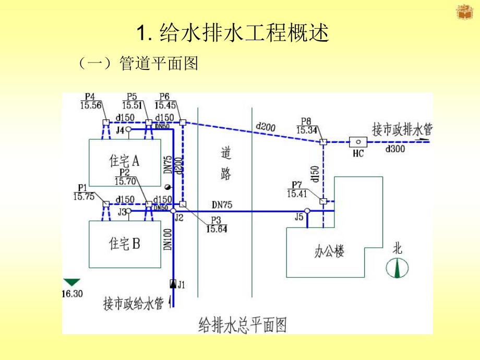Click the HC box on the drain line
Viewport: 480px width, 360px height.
coord(358,141)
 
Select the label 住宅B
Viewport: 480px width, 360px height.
coord(124,243)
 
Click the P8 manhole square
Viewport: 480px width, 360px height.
coord(323,141)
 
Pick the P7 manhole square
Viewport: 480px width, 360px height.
coord(323,201)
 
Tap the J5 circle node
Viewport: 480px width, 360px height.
coord(307,211)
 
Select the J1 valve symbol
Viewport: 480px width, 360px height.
coord(173,284)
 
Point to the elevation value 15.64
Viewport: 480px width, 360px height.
coord(217,229)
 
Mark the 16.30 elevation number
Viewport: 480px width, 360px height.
coord(72,294)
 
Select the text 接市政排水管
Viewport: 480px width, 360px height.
coord(402,129)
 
